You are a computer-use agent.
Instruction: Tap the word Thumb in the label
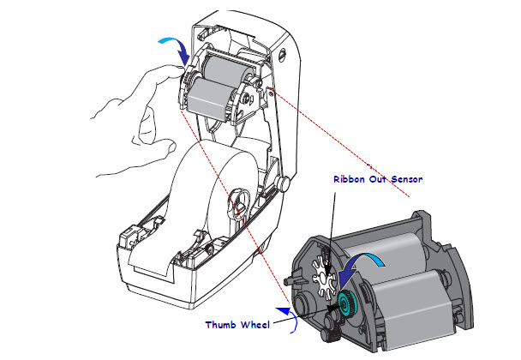coord(221,324)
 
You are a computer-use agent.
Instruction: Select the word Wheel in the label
coord(255,324)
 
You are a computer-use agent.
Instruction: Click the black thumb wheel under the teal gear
coord(330,321)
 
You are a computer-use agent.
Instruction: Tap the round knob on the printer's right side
coord(282,183)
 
